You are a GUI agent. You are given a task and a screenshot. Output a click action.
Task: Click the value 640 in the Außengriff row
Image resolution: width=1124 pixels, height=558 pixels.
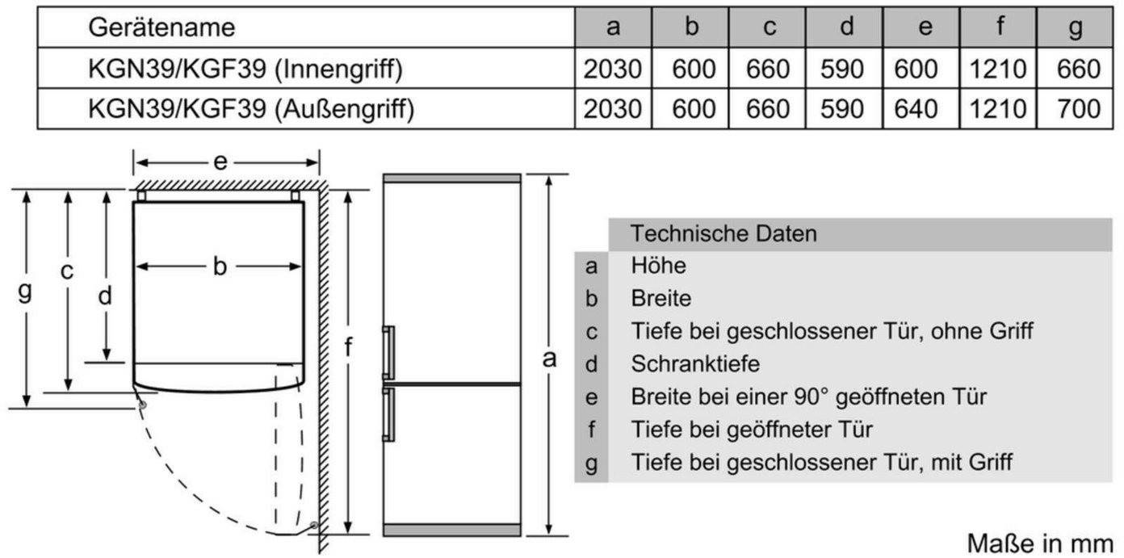click(915, 109)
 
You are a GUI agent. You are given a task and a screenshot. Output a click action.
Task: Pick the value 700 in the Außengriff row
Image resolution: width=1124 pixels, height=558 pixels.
click(1078, 109)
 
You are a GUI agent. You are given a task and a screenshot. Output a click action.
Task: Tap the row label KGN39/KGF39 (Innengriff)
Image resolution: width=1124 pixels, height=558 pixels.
click(245, 69)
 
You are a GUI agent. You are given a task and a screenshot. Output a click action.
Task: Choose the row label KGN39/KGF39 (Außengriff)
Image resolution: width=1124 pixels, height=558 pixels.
click(251, 109)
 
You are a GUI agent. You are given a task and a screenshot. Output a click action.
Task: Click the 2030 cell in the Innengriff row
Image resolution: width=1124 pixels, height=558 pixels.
click(613, 69)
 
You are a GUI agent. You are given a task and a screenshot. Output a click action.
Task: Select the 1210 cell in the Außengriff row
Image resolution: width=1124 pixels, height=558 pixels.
click(997, 109)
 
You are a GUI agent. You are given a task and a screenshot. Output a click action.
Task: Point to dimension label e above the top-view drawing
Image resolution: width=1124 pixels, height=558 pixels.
click(220, 162)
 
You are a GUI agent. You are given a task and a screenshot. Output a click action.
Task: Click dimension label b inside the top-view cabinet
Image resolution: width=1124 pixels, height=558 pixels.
click(220, 266)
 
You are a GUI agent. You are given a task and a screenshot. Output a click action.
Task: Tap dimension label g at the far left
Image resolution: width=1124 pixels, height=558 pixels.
click(24, 291)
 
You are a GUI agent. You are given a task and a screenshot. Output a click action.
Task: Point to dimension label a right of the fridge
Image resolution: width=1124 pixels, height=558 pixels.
click(549, 359)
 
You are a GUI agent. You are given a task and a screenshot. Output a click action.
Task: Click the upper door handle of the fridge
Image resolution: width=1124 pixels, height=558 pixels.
click(388, 352)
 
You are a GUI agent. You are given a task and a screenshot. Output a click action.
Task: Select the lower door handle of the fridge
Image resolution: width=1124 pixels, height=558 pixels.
click(388, 414)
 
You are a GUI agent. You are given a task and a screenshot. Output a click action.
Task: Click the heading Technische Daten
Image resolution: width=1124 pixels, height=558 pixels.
click(723, 234)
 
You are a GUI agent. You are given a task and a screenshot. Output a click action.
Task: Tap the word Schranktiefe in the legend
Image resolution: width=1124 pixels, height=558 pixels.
click(695, 364)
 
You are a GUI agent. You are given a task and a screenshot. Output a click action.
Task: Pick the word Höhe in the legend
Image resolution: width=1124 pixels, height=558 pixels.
click(658, 266)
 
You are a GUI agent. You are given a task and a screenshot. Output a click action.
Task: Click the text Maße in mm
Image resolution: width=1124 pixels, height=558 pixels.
click(1040, 543)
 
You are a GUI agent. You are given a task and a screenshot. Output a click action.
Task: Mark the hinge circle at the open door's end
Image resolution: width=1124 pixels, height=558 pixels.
click(314, 526)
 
